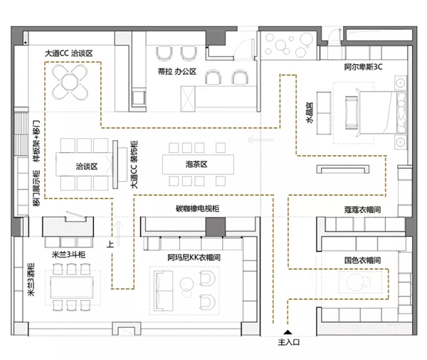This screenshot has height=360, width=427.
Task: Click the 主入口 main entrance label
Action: pos(289,342)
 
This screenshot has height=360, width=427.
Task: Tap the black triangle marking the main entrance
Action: pos(288,332)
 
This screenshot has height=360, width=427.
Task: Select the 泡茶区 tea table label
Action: pos(196,164)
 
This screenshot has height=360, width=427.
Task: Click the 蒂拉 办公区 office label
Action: pos(177,72)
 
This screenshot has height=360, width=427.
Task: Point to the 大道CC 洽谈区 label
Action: pos(68,53)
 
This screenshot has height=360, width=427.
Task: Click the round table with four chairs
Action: pos(70,82)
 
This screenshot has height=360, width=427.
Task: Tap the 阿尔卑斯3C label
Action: pos(363,67)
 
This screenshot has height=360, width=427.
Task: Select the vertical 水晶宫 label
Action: pos(310,112)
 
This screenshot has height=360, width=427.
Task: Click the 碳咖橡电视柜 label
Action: pos(197,208)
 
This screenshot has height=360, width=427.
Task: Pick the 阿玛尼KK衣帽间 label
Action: pos(194,258)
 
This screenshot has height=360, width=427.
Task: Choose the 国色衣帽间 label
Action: pos(362,260)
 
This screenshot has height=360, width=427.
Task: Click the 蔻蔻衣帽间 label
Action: pos(362,210)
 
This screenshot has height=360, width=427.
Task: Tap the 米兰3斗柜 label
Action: pos(68,255)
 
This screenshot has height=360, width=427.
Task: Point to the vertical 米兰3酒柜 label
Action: pos(31,280)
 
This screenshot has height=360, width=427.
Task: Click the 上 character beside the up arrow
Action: pos(110,244)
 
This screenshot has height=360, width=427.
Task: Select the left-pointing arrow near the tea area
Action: pos(260,139)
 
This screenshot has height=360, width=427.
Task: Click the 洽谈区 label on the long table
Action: pos(87,166)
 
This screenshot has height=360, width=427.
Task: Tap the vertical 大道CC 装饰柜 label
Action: pos(134,164)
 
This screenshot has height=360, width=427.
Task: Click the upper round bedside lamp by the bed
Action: pos(400,83)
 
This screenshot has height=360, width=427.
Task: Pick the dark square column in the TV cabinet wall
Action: pos(216,226)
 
